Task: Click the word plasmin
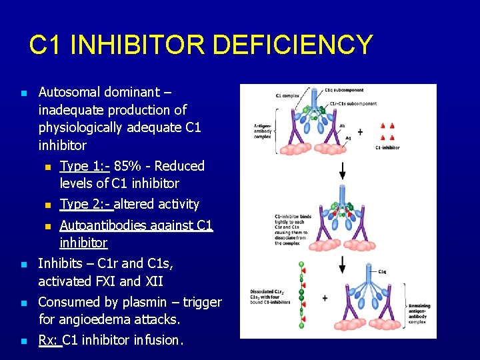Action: tap(143, 302)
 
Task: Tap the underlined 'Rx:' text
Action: tap(49, 340)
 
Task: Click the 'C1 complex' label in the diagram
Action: tap(287, 95)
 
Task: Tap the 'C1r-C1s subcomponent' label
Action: tap(353, 103)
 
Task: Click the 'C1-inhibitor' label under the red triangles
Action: tap(387, 148)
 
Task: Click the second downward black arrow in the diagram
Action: tap(342, 264)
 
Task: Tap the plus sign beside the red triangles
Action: tap(360, 132)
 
